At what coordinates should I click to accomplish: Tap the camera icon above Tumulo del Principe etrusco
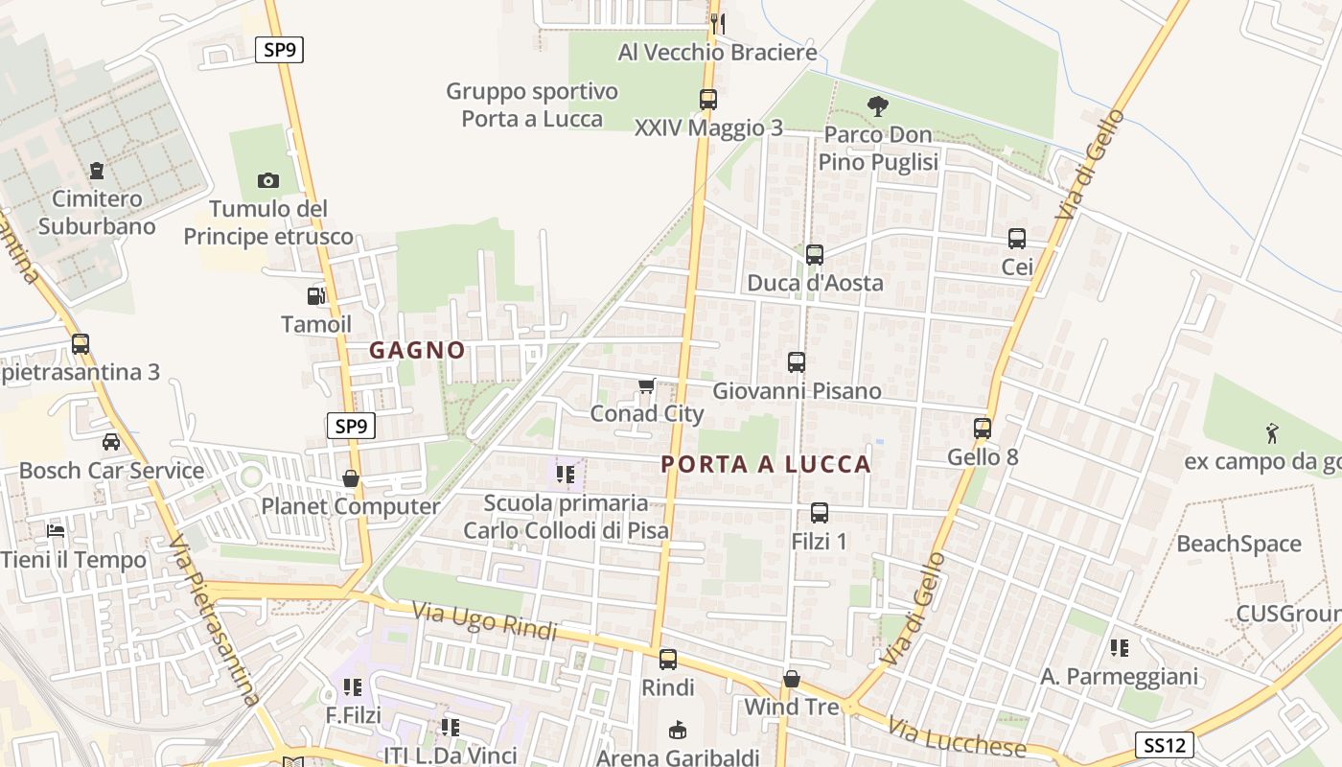[x=267, y=180]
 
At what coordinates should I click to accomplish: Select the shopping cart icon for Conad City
[x=646, y=386]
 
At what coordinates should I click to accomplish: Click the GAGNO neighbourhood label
[x=418, y=351]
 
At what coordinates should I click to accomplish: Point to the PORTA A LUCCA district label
[x=766, y=465]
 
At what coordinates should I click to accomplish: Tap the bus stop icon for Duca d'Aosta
[x=815, y=255]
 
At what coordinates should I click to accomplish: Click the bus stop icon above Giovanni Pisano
[x=797, y=362]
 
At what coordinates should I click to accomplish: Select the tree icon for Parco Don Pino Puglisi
[x=877, y=106]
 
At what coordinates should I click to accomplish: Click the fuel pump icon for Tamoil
[x=315, y=297]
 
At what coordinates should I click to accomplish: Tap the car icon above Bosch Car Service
[x=111, y=442]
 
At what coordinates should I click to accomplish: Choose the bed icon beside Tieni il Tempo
[x=56, y=531]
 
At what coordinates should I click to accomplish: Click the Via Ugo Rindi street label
[x=484, y=620]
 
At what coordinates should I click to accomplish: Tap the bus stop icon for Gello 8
[x=983, y=429]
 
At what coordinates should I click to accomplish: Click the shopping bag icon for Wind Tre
[x=792, y=680]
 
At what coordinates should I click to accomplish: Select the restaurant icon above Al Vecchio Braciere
[x=717, y=23]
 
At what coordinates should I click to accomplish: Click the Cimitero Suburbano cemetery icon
[x=96, y=172]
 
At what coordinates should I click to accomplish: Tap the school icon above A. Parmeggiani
[x=1119, y=648]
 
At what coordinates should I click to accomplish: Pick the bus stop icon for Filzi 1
[x=820, y=513]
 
